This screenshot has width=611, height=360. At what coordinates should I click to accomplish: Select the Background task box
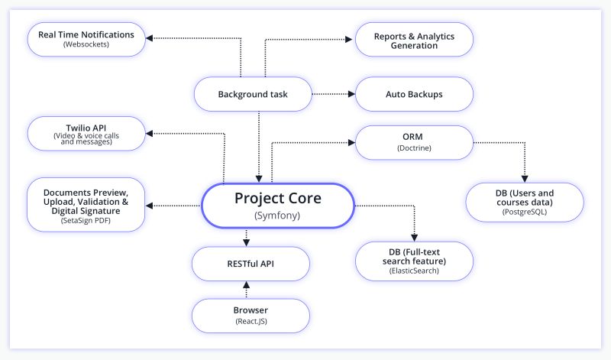pos(253,95)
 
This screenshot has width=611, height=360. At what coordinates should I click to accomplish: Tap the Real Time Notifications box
pos(86,39)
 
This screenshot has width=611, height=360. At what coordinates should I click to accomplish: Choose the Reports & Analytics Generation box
pos(415,40)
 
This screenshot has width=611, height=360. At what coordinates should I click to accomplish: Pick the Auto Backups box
pos(415,95)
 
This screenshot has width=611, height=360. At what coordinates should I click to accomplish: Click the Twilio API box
pos(86,132)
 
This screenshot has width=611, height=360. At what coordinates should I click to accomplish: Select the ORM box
pos(415,142)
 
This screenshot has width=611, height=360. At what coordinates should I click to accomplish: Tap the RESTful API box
pos(251,264)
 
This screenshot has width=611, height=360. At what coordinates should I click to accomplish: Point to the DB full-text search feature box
pos(415,260)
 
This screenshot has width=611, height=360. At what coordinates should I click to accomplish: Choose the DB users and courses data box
pos(525,202)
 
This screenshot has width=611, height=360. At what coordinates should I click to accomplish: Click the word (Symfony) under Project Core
pos(278,217)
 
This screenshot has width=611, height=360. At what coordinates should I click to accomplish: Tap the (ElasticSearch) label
pos(415,271)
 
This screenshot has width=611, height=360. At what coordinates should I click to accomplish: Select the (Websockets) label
pos(86,45)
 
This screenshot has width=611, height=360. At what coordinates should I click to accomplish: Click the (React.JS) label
pos(251,322)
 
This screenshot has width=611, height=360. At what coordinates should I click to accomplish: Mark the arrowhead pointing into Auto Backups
pos(352,95)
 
